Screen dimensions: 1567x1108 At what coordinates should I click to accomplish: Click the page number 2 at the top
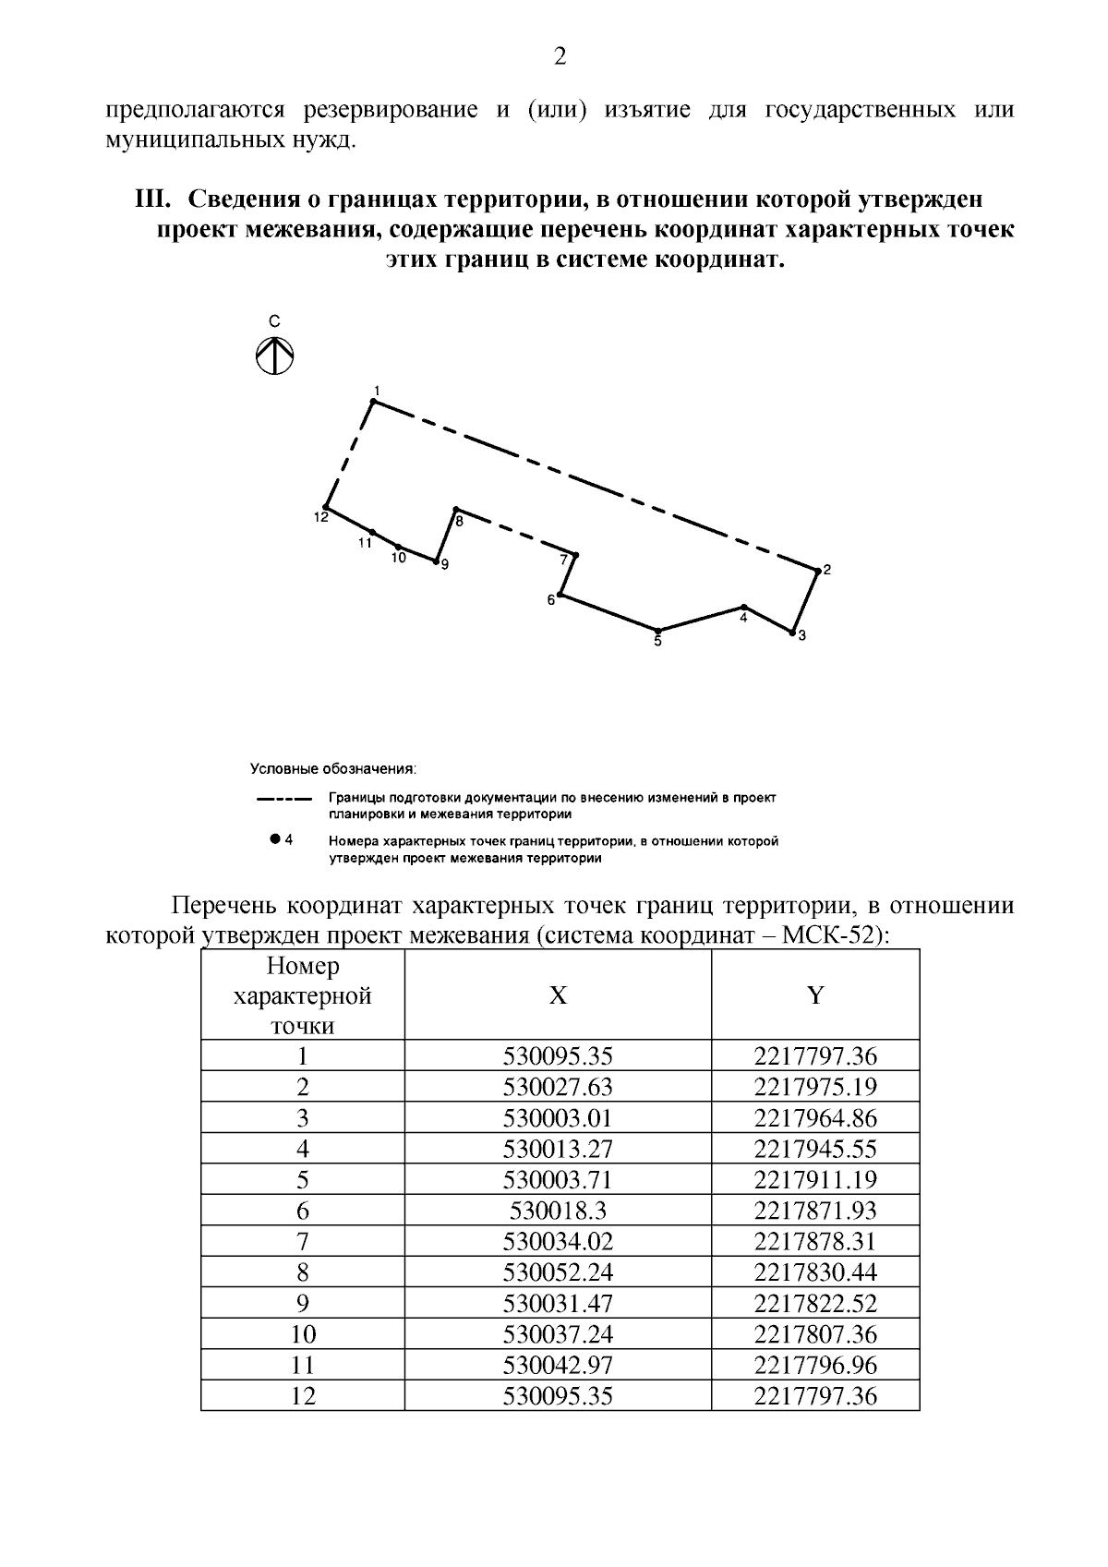pyautogui.click(x=560, y=57)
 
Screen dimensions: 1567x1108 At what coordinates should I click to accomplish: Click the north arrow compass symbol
pyautogui.click(x=274, y=355)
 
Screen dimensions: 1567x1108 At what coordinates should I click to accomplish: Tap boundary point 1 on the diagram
pyautogui.click(x=373, y=401)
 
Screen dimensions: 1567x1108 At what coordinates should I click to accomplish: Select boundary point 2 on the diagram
pyautogui.click(x=817, y=571)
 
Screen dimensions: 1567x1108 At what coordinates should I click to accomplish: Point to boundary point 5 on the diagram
pyautogui.click(x=657, y=629)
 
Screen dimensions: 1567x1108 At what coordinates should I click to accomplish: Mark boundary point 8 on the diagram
pyautogui.click(x=455, y=509)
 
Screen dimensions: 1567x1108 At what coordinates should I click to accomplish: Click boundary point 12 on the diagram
pyautogui.click(x=327, y=507)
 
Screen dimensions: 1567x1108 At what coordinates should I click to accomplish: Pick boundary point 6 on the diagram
pyautogui.click(x=560, y=595)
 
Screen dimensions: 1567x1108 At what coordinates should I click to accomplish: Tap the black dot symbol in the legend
pyautogui.click(x=274, y=839)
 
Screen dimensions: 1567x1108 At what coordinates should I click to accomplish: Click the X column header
pyautogui.click(x=558, y=994)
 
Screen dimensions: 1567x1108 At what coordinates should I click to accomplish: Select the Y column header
pyautogui.click(x=815, y=994)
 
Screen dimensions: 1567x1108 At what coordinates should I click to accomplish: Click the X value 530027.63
pyautogui.click(x=558, y=1087)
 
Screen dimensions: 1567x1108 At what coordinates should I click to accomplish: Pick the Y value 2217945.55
pyautogui.click(x=815, y=1149)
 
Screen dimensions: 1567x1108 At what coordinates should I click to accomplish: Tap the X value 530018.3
pyautogui.click(x=558, y=1211)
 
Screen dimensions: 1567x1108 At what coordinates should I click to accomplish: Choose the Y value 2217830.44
pyautogui.click(x=815, y=1272)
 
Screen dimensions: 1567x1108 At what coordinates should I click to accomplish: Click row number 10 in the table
pyautogui.click(x=303, y=1334)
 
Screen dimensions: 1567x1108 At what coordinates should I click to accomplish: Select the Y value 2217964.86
pyautogui.click(x=815, y=1118)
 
